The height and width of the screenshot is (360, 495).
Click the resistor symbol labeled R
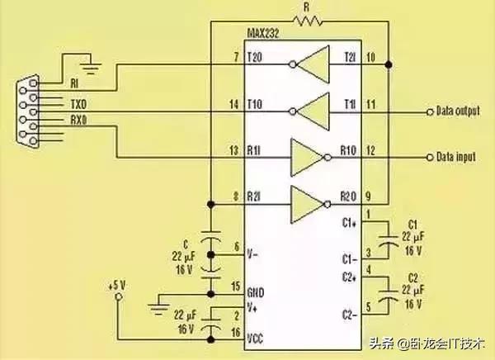[306, 21]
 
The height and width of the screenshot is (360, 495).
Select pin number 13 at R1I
[235, 150]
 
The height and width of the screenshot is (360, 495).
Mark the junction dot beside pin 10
[388, 64]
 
